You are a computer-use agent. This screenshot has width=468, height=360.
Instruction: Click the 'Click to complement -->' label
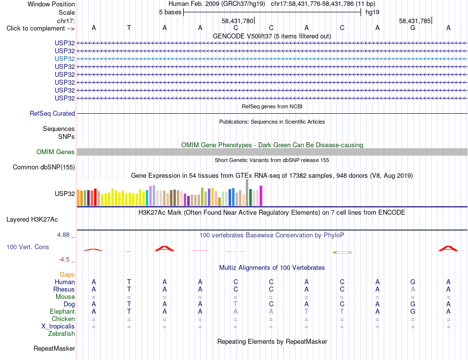click(x=40, y=29)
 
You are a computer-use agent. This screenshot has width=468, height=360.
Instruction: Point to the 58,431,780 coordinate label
click(x=237, y=21)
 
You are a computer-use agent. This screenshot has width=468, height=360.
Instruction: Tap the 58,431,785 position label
click(x=415, y=21)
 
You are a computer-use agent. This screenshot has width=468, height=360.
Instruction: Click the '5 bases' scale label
click(x=170, y=12)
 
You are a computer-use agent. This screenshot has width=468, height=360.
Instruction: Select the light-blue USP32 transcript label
click(x=65, y=59)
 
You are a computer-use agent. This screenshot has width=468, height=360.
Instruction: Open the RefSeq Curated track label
click(x=52, y=113)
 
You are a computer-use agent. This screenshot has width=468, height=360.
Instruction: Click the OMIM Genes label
click(x=56, y=152)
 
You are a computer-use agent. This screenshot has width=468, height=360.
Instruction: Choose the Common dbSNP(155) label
click(x=44, y=167)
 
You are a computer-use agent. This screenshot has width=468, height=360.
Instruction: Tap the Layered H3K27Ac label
click(x=32, y=220)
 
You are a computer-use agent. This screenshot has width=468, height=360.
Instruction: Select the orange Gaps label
click(x=67, y=274)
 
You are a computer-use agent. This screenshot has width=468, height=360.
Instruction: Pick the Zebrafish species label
click(x=62, y=333)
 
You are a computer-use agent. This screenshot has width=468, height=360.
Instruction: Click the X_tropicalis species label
click(x=58, y=327)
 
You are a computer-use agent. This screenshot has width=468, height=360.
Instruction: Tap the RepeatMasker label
click(x=54, y=348)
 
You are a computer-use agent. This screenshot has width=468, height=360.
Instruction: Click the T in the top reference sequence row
click(x=129, y=28)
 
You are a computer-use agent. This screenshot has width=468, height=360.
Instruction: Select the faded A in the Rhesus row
click(x=413, y=289)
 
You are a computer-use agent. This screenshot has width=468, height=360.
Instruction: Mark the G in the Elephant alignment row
click(x=413, y=311)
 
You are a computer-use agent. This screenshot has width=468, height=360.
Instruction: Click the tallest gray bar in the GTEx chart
click(x=247, y=193)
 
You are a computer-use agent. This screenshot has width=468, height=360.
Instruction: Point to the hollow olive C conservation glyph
click(x=342, y=252)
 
